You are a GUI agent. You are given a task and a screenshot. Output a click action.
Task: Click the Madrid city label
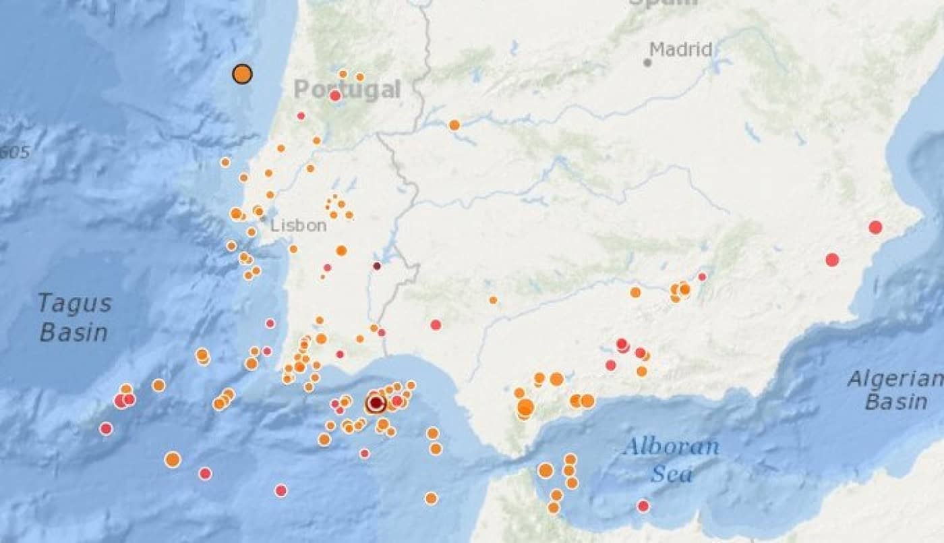[x=680, y=49]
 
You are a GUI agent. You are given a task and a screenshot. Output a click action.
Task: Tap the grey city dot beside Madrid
[x=647, y=63]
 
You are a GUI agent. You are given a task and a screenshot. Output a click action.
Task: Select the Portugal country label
[x=347, y=89]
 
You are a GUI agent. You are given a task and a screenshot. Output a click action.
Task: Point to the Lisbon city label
[x=298, y=225]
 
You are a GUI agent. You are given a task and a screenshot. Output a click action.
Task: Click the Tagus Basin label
[x=74, y=317]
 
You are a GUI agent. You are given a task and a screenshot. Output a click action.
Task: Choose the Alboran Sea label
[x=671, y=459]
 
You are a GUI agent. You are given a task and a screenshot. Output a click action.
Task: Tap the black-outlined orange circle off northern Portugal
[x=242, y=74]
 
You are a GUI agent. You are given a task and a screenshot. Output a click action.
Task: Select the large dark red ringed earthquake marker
[x=376, y=403]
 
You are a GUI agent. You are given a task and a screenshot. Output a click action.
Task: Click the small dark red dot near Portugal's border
[x=377, y=266]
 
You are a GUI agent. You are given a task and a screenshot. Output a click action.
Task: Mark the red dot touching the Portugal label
[x=335, y=96]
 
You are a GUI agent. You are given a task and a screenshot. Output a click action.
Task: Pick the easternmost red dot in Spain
[x=875, y=227]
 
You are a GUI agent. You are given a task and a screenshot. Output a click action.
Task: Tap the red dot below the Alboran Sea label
[x=643, y=506]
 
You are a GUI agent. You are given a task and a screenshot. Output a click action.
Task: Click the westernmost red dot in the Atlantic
[x=106, y=428]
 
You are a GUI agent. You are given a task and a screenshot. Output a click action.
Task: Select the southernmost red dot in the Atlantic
[x=281, y=490]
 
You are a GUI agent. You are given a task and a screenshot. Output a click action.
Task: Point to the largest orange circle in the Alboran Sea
[x=545, y=470]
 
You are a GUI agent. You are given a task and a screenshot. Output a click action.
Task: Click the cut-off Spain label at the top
[x=663, y=3]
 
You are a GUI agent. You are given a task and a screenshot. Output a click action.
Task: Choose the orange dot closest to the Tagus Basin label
[x=158, y=385]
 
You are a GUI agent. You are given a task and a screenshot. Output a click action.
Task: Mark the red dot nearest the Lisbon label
[x=327, y=268]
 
